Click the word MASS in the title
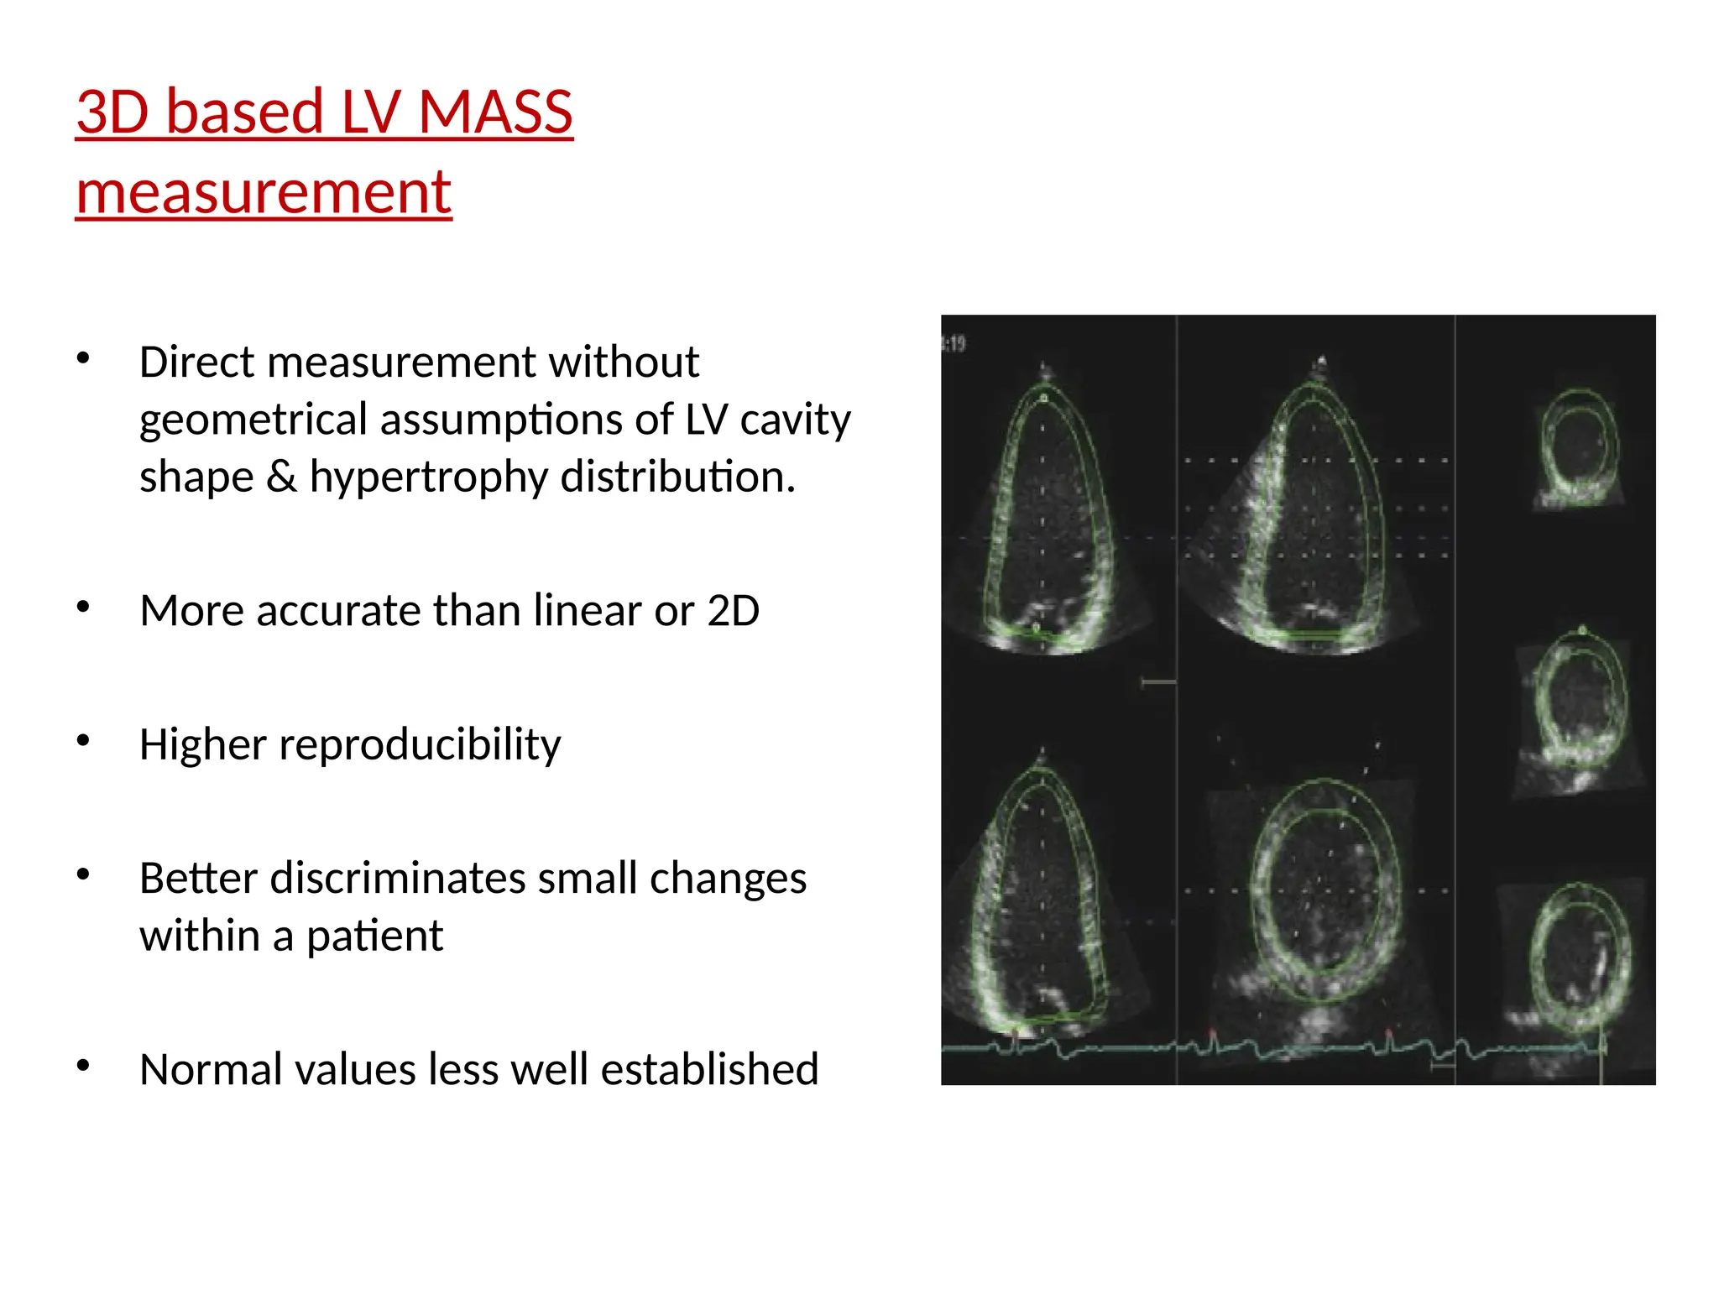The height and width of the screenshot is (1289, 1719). pyautogui.click(x=495, y=112)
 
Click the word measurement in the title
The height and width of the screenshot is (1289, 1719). pyautogui.click(x=264, y=192)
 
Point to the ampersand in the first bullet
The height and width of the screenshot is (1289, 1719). pyautogui.click(x=281, y=477)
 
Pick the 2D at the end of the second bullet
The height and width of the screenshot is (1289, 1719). pyautogui.click(x=733, y=610)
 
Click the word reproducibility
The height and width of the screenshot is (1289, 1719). pyautogui.click(x=420, y=744)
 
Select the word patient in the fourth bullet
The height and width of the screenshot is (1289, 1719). pyautogui.click(x=374, y=936)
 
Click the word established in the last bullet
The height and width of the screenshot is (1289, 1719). pyautogui.click(x=709, y=1069)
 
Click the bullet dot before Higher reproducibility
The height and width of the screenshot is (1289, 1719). pyautogui.click(x=83, y=741)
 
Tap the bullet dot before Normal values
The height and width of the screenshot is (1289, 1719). pyautogui.click(x=83, y=1066)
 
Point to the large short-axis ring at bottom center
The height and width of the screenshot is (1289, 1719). pyautogui.click(x=1323, y=890)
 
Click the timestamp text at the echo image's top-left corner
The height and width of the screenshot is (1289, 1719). pyautogui.click(x=954, y=343)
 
